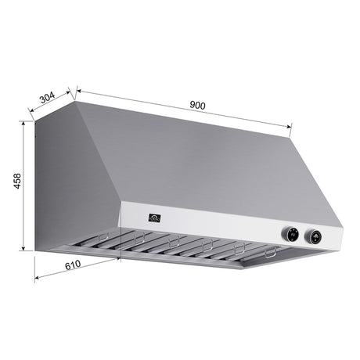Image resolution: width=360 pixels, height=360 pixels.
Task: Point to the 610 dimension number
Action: point(72,266)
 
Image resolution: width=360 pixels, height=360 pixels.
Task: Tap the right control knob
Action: point(315,235)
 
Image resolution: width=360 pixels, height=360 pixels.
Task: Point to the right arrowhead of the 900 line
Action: point(290,124)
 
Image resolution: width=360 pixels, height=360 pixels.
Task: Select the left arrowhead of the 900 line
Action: point(79,88)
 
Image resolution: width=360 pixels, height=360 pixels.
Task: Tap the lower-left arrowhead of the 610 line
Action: point(37,278)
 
